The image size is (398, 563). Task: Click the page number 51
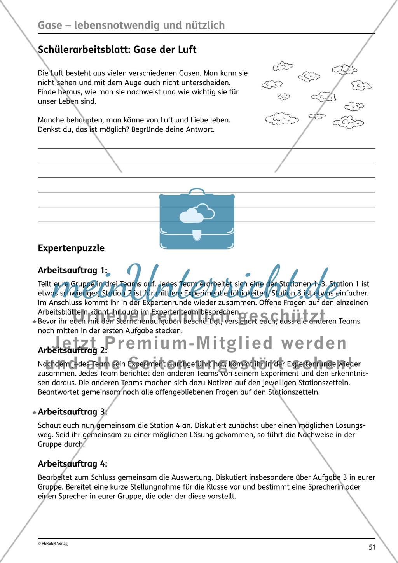tap(372, 547)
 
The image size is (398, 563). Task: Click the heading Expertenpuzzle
tap(71, 248)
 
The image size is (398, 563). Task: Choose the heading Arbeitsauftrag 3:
tap(73, 412)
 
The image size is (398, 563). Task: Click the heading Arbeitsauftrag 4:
tap(73, 464)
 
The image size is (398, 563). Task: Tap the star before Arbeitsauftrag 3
tap(35, 412)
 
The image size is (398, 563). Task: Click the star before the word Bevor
tap(35, 322)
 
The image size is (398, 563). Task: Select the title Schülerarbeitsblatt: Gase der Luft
tap(117, 49)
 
